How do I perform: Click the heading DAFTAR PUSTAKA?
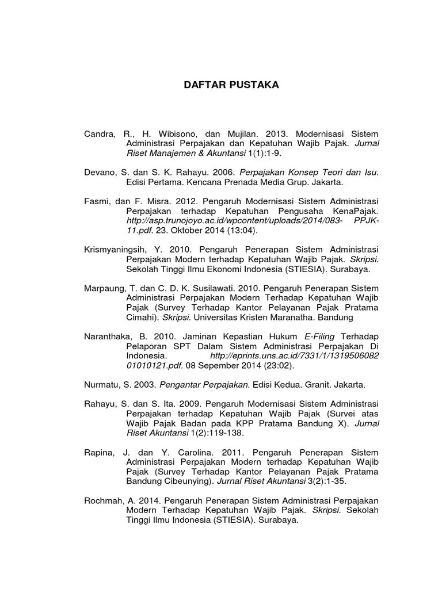point(231,85)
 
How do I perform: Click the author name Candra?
point(100,133)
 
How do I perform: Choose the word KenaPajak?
point(359,211)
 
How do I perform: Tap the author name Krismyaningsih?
point(117,250)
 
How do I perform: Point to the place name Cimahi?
point(141,318)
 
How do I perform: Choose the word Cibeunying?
point(185,481)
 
